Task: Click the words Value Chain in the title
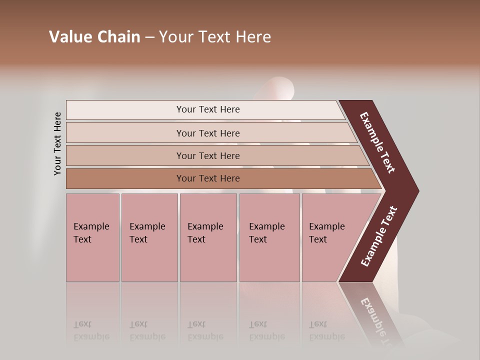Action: (x=94, y=37)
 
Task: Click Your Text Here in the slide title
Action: (x=215, y=37)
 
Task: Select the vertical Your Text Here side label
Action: (x=57, y=143)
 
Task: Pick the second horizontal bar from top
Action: (x=208, y=133)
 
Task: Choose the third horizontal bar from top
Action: (x=208, y=155)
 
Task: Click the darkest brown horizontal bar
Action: (x=208, y=178)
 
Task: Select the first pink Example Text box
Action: (x=92, y=237)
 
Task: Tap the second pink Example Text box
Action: (x=149, y=237)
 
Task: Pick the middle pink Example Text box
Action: (x=208, y=237)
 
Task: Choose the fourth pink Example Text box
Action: (x=269, y=237)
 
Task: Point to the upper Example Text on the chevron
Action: (x=377, y=142)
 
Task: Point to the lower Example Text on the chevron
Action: (x=379, y=236)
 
